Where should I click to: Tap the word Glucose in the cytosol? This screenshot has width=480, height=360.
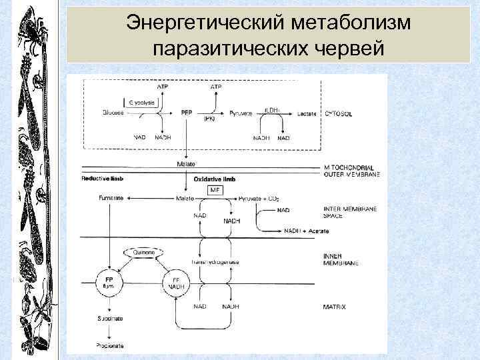click(113, 113)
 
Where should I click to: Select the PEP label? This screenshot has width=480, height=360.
click(187, 113)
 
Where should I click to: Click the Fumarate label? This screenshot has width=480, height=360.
click(110, 199)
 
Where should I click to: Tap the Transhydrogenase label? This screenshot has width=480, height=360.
click(215, 262)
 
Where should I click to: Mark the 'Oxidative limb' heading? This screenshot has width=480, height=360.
click(213, 178)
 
